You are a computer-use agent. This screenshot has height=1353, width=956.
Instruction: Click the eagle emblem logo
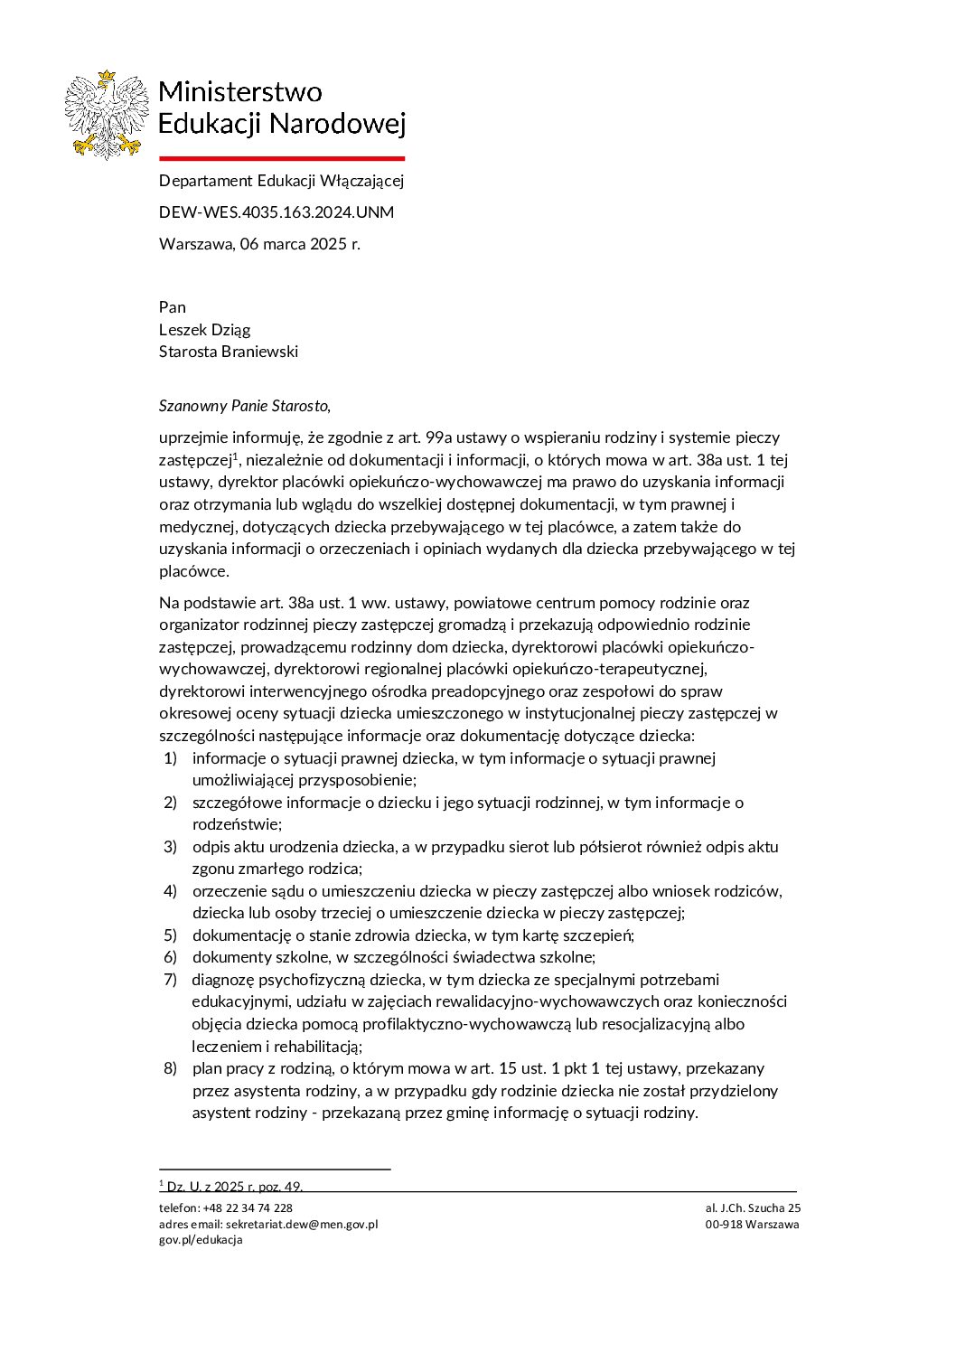[x=107, y=115]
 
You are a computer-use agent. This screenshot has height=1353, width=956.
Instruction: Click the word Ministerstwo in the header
[x=239, y=91]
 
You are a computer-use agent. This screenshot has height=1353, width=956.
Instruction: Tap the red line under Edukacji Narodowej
[x=281, y=157]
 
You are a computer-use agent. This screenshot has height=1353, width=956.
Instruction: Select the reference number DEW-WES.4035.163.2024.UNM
[x=276, y=212]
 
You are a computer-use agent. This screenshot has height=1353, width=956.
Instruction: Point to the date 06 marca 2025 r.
[x=300, y=244]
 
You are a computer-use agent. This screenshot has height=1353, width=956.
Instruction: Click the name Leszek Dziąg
[x=204, y=330]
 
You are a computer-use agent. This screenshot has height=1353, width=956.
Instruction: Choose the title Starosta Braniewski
[x=228, y=352]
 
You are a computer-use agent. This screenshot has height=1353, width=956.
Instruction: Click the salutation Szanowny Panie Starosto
[x=244, y=406]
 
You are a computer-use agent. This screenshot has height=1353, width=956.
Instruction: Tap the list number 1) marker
[x=170, y=758]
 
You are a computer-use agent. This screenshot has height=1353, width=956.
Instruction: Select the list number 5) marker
[x=170, y=935]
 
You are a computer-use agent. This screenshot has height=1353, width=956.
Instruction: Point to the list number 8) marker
[x=170, y=1068]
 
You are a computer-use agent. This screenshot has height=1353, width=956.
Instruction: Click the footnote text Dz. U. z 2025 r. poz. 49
[x=235, y=1187]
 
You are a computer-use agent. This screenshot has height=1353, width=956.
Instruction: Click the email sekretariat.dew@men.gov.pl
[x=302, y=1225]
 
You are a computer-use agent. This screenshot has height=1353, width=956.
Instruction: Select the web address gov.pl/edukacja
[x=201, y=1240]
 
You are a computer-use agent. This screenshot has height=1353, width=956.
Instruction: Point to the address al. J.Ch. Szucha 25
[x=753, y=1208]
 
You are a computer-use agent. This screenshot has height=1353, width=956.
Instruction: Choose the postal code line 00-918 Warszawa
[x=753, y=1225]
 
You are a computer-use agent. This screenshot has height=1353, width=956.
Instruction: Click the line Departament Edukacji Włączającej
[x=281, y=181]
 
